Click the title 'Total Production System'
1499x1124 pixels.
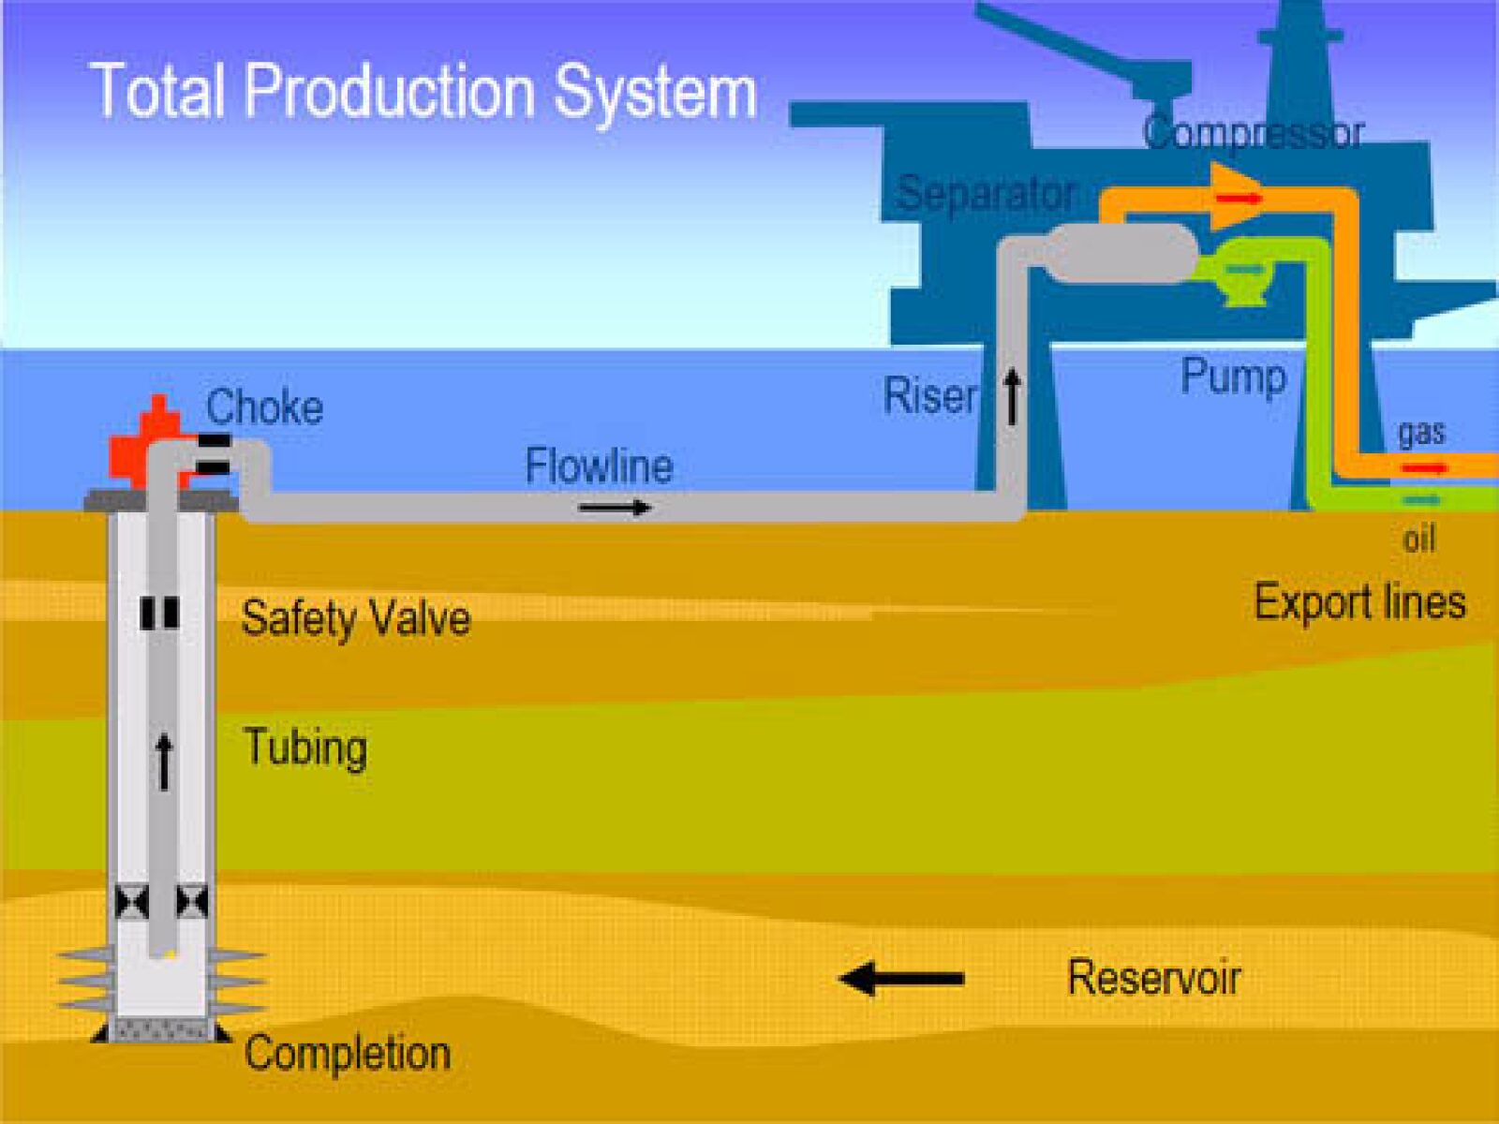(423, 92)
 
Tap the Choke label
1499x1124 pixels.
(264, 407)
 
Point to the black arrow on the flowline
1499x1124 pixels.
(615, 508)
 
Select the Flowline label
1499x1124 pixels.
(599, 466)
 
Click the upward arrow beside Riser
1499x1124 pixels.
(1012, 396)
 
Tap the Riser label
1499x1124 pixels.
(930, 396)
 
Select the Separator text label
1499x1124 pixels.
(986, 194)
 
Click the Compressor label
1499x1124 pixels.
(1253, 133)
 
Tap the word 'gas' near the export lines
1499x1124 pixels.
(1421, 432)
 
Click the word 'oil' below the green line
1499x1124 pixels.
(1419, 539)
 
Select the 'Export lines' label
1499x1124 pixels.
(1359, 601)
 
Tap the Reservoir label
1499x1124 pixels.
(1154, 978)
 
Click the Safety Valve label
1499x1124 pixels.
(355, 618)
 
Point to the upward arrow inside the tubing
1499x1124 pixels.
(164, 761)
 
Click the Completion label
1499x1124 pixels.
(348, 1053)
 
